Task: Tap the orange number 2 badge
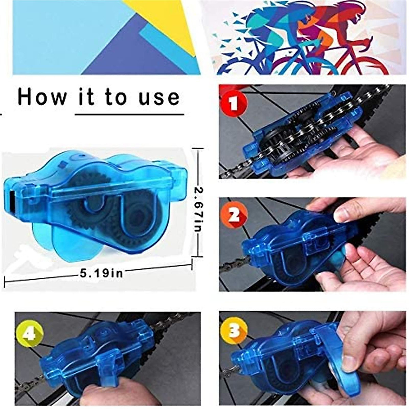tap(234, 216)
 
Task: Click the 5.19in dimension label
tap(101, 272)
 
